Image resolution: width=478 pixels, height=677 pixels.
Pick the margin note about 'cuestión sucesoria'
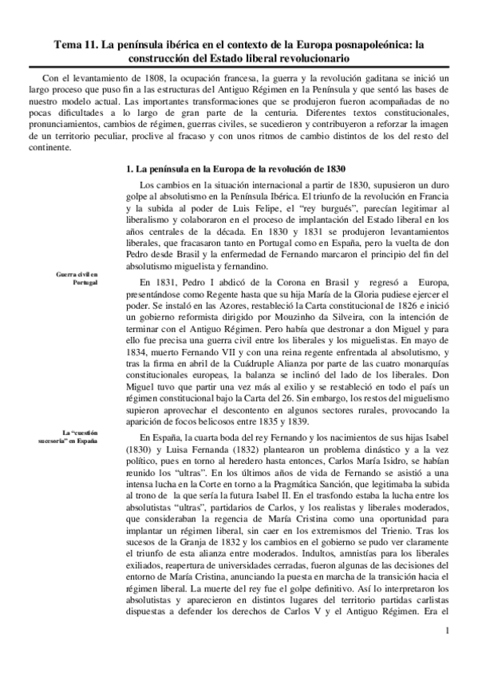(x=69, y=437)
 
